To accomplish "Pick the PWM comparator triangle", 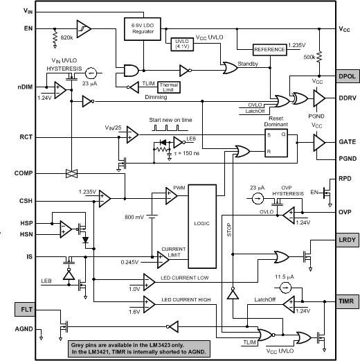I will [x=171, y=197].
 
